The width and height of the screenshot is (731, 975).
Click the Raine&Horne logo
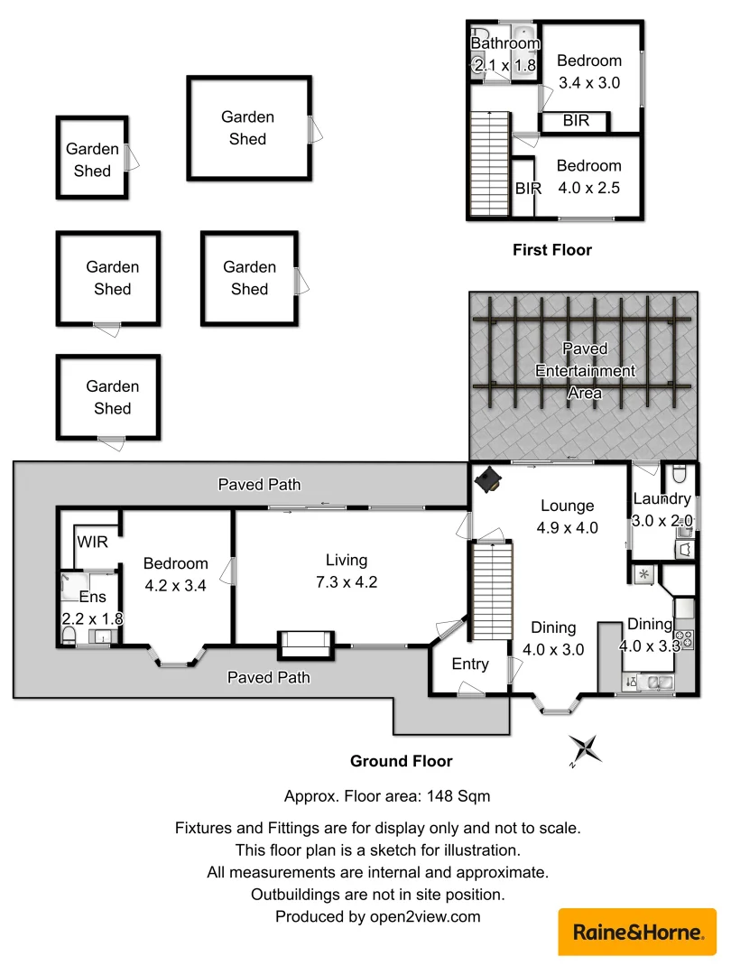point(637,932)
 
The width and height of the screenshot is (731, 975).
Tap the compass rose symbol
point(585,749)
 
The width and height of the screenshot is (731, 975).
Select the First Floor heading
point(552,250)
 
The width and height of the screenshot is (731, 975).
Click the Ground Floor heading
point(402,761)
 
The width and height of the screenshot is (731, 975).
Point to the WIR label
point(92,543)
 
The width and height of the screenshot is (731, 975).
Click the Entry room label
point(470,664)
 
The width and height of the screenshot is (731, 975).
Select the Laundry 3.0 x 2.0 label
point(662,509)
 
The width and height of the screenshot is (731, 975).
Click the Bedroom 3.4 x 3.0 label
point(589,71)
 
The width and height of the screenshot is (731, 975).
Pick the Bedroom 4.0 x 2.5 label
point(589,176)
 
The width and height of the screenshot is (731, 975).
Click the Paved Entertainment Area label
point(585,370)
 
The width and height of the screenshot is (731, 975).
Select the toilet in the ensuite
point(69,637)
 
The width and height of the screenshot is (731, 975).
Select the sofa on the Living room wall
point(305,643)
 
